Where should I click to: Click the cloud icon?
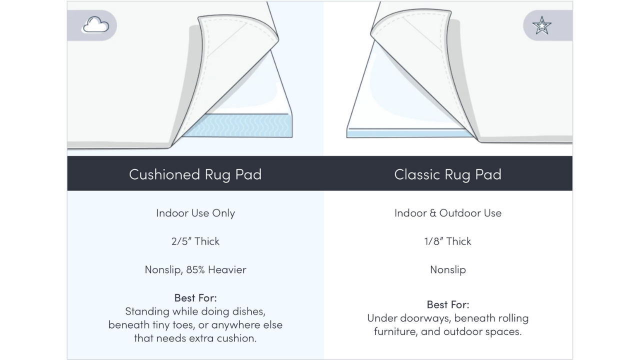point(95,25)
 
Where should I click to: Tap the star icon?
point(541,25)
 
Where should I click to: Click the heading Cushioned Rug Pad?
point(195,174)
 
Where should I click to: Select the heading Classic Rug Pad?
point(447,174)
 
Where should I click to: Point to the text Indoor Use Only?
point(195,213)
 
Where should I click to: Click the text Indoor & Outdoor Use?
point(447,213)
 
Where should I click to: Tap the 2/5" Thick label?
point(195,241)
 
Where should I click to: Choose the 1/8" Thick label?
point(447,241)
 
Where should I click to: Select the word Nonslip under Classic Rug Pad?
point(447,269)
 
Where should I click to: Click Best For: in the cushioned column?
point(195,298)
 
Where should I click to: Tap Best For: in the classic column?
point(447,304)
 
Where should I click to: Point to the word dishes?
point(249,311)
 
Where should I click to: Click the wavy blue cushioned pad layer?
point(237,125)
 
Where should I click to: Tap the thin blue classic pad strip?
point(410,133)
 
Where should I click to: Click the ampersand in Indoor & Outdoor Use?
point(433,213)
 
